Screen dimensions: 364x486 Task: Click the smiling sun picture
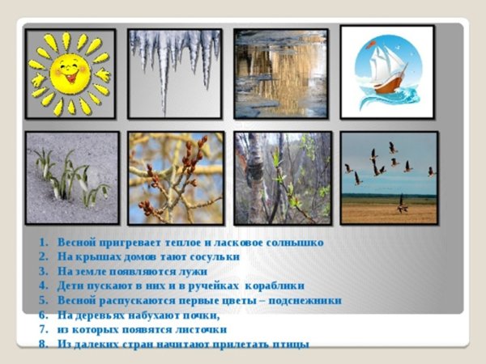tap(70, 74)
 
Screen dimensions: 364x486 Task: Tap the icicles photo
tap(175, 74)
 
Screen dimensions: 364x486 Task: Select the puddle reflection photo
tap(280, 74)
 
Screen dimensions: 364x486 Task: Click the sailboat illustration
tap(387, 72)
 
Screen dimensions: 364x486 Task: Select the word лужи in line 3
tap(192, 271)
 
